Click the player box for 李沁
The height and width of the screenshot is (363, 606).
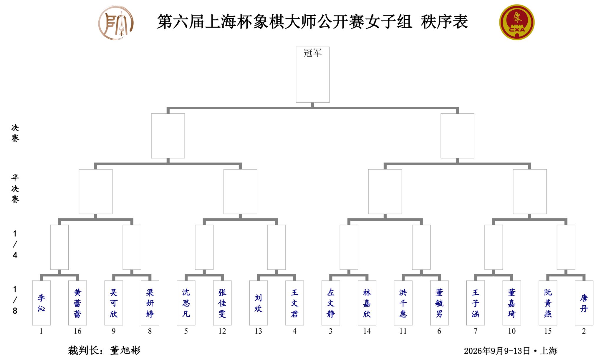tap(41, 303)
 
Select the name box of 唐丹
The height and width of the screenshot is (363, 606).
tap(584, 303)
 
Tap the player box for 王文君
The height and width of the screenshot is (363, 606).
tap(294, 303)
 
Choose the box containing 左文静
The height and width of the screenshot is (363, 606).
tap(331, 303)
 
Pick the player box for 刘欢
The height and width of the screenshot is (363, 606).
tap(258, 303)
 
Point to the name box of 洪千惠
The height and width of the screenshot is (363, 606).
tap(403, 303)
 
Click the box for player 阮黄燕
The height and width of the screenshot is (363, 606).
tap(548, 303)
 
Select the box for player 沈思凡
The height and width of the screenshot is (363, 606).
tap(186, 303)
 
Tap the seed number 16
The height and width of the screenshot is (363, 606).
tap(77, 331)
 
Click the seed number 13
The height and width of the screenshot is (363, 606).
tap(258, 331)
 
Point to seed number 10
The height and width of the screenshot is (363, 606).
tap(512, 331)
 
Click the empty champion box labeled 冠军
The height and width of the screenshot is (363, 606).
tap(313, 75)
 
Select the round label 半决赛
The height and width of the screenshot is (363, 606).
tap(15, 188)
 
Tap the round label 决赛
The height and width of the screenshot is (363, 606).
tap(15, 133)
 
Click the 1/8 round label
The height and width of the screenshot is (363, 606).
tap(15, 300)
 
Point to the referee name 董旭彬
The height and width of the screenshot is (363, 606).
tap(125, 350)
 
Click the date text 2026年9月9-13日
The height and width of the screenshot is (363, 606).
tap(497, 351)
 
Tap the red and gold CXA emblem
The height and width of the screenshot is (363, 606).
tap(517, 22)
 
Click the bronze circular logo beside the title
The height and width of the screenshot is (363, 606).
tap(116, 23)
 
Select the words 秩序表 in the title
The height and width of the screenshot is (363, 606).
tap(444, 22)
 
